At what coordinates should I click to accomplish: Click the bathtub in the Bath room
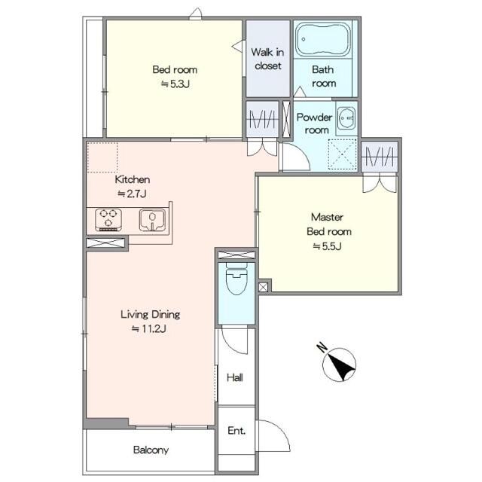click(x=323, y=38)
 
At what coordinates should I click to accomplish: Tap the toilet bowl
click(x=236, y=279)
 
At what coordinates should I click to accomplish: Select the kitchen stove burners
click(x=108, y=219)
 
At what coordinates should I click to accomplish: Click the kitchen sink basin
click(x=152, y=219)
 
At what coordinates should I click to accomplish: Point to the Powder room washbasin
click(x=346, y=118)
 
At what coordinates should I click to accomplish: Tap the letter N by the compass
click(x=322, y=347)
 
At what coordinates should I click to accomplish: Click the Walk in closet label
click(x=267, y=59)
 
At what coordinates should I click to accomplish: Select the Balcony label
click(x=151, y=450)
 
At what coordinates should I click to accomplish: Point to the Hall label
click(x=235, y=377)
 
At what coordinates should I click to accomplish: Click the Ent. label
click(x=236, y=431)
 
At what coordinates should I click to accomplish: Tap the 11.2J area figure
click(x=149, y=329)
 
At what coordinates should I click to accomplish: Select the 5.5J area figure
click(x=327, y=246)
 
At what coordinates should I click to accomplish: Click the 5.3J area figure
click(x=175, y=84)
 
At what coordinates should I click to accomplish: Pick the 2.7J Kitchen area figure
click(x=133, y=194)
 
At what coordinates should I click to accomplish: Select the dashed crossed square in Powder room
click(x=342, y=154)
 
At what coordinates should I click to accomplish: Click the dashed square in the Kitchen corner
click(x=102, y=157)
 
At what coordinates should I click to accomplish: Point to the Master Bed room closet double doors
click(x=380, y=183)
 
